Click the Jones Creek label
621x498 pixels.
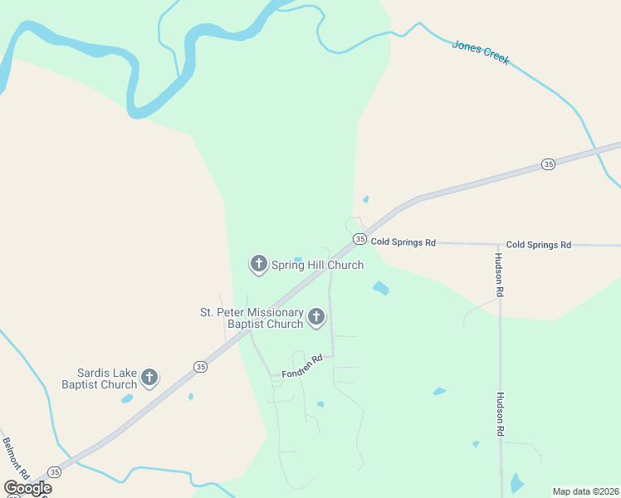tap(480, 52)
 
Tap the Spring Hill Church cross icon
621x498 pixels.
tap(258, 265)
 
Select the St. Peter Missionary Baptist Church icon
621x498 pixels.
tap(315, 316)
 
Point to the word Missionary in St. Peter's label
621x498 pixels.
tap(271, 312)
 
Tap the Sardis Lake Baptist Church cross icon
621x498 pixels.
tap(149, 378)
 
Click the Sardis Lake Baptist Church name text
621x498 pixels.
tap(100, 378)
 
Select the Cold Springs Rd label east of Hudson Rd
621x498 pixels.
tap(539, 245)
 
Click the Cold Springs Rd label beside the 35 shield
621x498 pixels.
tap(403, 242)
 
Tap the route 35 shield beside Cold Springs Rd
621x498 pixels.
tap(359, 239)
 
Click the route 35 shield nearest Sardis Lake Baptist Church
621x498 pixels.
tap(200, 366)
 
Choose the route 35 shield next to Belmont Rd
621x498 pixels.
tap(55, 472)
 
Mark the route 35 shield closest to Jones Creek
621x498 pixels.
tap(548, 164)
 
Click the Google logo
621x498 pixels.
tap(27, 488)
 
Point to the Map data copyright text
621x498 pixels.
tap(586, 491)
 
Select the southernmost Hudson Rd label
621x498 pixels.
tap(501, 415)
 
